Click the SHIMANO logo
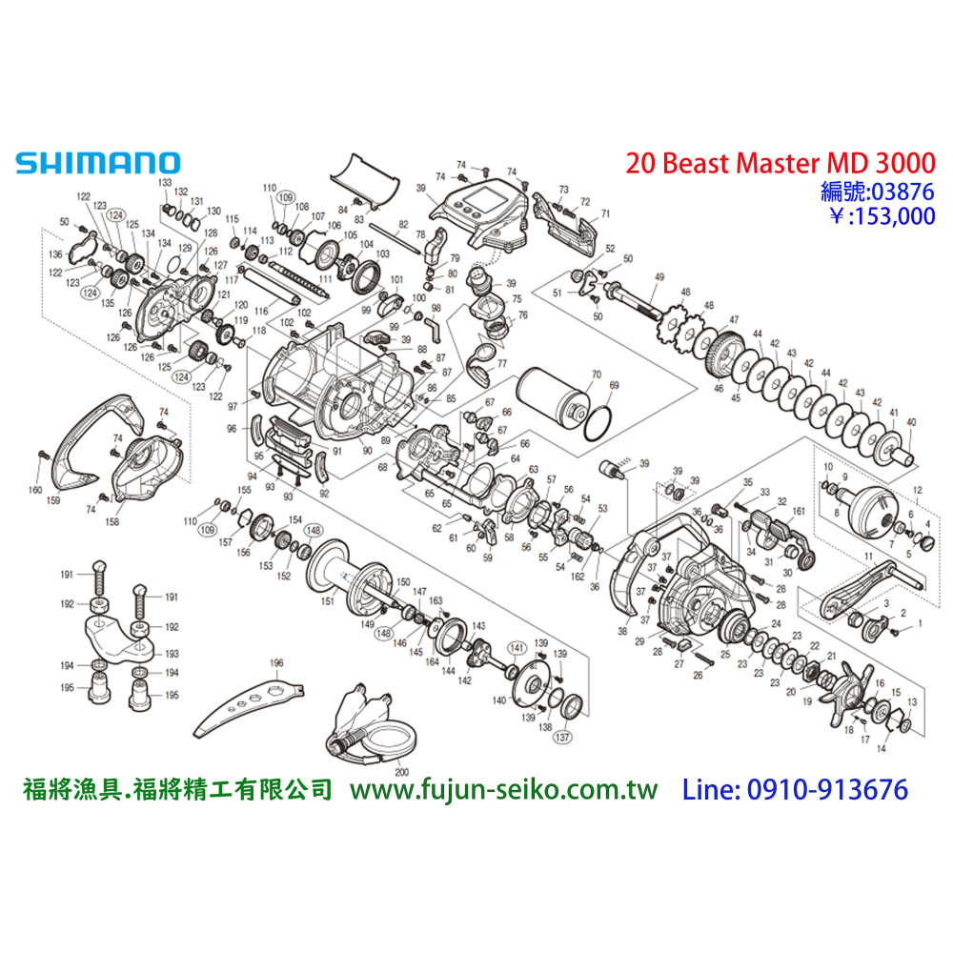(96, 163)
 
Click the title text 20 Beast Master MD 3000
(781, 163)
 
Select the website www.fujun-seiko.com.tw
(505, 790)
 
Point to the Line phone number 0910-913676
(795, 790)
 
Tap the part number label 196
(276, 663)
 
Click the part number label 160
(35, 491)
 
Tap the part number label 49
(658, 276)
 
